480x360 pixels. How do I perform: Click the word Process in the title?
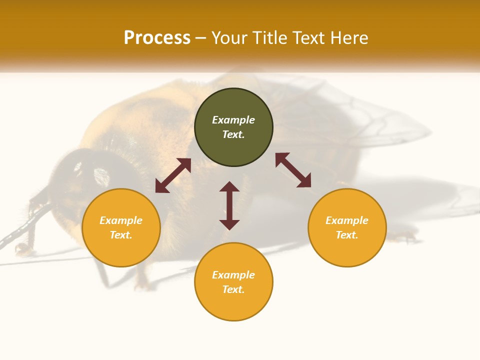click(157, 38)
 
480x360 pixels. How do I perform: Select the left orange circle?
click(121, 250)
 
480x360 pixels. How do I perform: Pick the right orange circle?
click(347, 250)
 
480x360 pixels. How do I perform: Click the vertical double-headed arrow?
click(229, 205)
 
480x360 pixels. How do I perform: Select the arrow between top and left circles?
click(173, 175)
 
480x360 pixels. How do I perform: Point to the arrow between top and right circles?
click(293, 170)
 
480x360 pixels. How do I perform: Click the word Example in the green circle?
click(233, 120)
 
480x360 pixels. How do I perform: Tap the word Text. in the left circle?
click(121, 235)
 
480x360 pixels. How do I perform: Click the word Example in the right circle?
click(347, 220)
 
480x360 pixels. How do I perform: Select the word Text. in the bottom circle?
click(233, 289)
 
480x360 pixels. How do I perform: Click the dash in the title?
click(200, 38)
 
